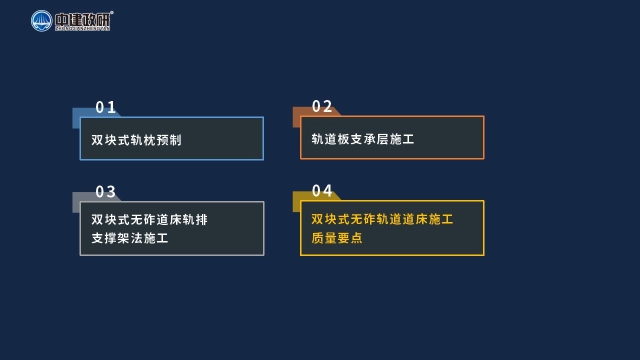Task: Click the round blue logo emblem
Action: [x=41, y=21]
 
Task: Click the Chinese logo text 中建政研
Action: [x=82, y=19]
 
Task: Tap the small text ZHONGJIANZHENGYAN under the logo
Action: [x=82, y=28]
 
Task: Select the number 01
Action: [x=105, y=107]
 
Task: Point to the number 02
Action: [x=322, y=106]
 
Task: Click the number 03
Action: [x=105, y=191]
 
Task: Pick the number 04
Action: [x=322, y=190]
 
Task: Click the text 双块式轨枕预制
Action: [x=136, y=140]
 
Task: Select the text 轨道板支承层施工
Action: [x=363, y=139]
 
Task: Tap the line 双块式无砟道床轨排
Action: [x=149, y=219]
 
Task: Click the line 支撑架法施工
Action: [x=129, y=238]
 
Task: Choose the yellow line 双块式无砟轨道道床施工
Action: [x=382, y=219]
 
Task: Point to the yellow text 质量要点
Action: [x=337, y=237]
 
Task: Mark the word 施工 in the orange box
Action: [x=402, y=139]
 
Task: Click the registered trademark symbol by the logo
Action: [x=111, y=12]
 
